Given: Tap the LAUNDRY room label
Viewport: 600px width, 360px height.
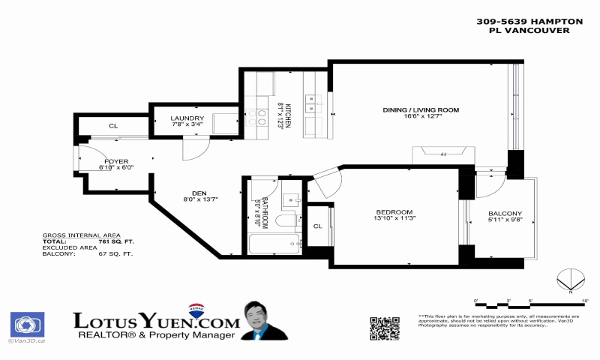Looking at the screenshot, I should [x=187, y=118].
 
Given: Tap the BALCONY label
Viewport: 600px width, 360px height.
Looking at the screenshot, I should [x=505, y=213].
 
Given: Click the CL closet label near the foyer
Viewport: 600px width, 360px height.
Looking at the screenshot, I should [x=113, y=126].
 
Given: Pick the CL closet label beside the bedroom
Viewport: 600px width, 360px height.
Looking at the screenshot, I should [x=317, y=226].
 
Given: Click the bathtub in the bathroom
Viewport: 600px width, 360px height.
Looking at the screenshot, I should [x=274, y=244].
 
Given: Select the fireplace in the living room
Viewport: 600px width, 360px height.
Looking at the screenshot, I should [x=442, y=154].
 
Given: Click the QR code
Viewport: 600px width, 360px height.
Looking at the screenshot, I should [x=384, y=327].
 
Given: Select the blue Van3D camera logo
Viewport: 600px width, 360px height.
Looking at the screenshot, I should [x=27, y=325].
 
